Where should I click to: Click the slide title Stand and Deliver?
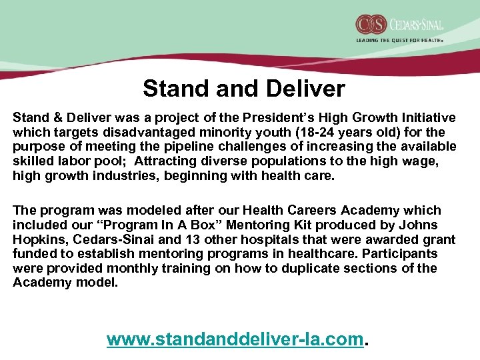(x=244, y=88)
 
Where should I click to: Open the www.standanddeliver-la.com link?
(x=236, y=339)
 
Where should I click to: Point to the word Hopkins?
(x=37, y=239)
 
